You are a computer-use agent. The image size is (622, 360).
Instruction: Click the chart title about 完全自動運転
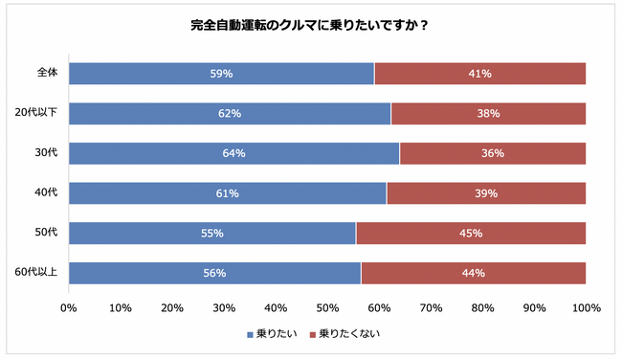(x=308, y=26)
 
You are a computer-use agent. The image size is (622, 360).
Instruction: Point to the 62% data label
(x=230, y=114)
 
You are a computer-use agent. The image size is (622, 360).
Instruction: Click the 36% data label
(x=493, y=153)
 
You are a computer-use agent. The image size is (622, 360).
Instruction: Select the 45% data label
(x=470, y=233)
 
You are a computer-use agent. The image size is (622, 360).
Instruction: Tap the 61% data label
(x=227, y=193)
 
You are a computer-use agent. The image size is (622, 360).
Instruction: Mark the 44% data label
(x=473, y=273)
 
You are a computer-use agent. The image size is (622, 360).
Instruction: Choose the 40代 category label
(x=46, y=192)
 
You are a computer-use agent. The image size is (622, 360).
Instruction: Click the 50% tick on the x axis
(x=327, y=308)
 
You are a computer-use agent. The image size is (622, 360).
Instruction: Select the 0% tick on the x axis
(x=69, y=308)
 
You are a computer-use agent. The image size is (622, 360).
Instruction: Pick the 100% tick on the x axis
(x=586, y=308)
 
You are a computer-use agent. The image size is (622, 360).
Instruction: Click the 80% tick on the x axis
(x=482, y=308)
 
